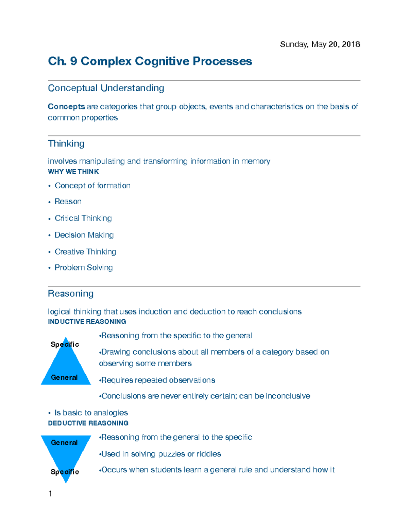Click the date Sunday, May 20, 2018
320,44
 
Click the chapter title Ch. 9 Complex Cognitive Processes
150,61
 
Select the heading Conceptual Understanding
106,88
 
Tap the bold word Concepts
66,107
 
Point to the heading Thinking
66,144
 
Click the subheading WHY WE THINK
73,172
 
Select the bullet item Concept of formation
92,186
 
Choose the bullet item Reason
68,202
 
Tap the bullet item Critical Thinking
83,218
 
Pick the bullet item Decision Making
84,235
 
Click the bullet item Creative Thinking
85,251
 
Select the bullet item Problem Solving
84,267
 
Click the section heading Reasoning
71,294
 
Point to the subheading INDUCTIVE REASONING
87,322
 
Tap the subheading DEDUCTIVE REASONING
88,423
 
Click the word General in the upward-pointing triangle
64,377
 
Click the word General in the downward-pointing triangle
64,443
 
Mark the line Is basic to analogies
91,413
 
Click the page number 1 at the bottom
50,494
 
